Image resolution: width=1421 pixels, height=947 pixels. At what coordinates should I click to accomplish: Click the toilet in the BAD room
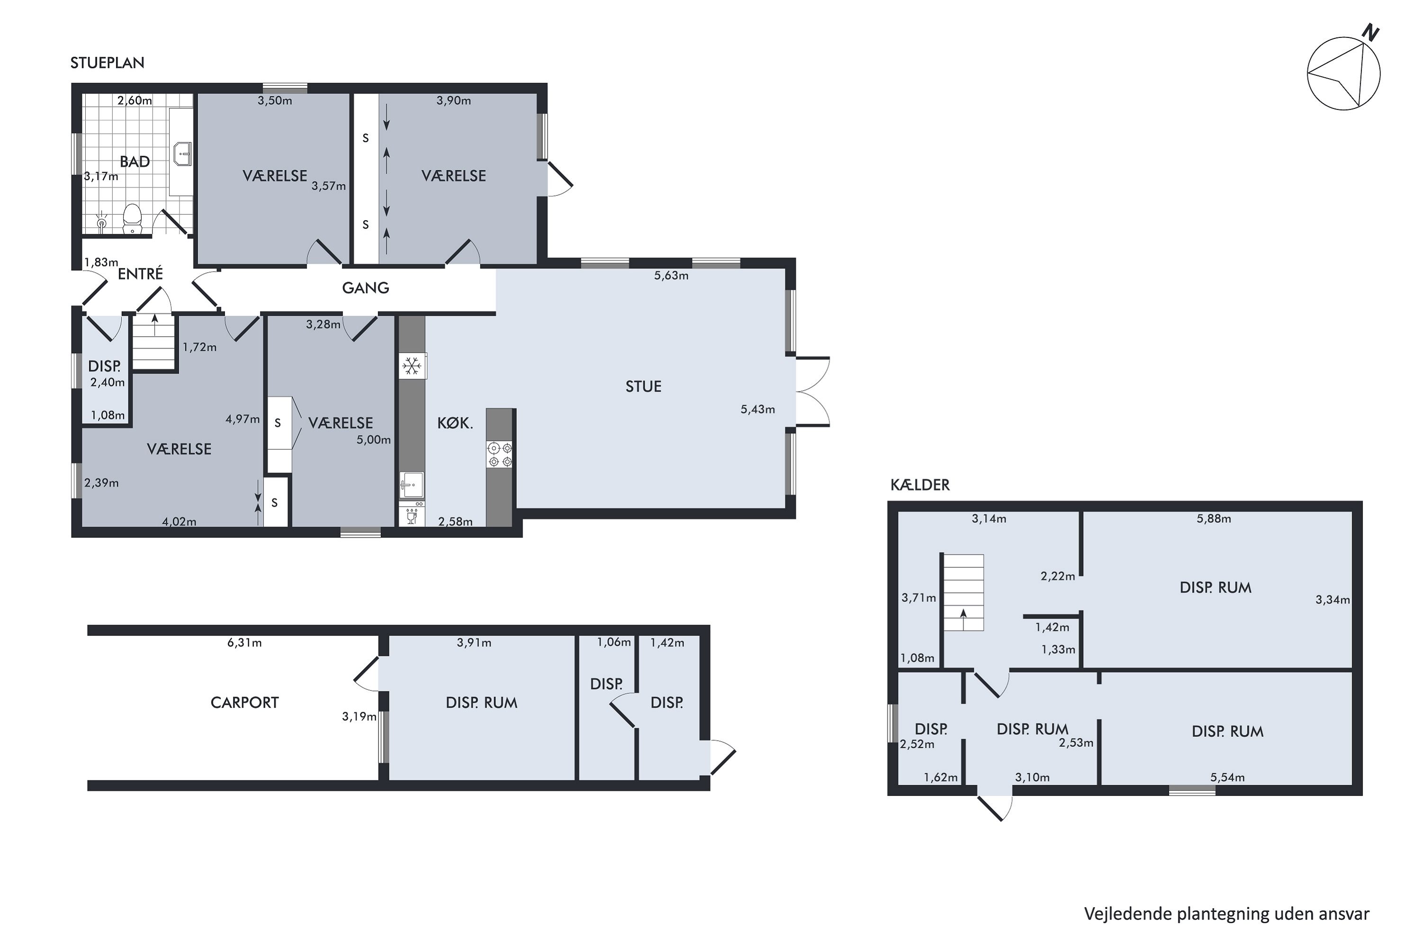click(132, 217)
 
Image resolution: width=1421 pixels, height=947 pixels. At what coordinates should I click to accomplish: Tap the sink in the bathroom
click(182, 154)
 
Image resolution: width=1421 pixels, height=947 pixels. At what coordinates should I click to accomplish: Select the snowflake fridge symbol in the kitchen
click(413, 366)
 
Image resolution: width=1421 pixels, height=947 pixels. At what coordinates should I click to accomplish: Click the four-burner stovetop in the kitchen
click(500, 455)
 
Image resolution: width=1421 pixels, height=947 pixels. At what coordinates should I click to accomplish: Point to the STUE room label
click(643, 386)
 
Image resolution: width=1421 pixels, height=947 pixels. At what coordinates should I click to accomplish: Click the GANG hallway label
click(366, 288)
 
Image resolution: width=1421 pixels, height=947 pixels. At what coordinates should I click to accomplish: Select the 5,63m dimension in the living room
click(671, 276)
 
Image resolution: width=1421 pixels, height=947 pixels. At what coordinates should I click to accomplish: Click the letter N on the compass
click(1371, 33)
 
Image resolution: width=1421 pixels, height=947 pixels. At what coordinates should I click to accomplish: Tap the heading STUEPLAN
click(108, 63)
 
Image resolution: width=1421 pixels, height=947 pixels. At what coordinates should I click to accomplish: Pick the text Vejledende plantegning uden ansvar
click(1226, 914)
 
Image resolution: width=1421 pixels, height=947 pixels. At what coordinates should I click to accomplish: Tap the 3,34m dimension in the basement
click(1332, 600)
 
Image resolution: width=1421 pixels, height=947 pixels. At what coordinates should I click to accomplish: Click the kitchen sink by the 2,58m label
click(412, 485)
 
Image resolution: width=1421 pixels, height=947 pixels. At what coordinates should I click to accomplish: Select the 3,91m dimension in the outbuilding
click(474, 643)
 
